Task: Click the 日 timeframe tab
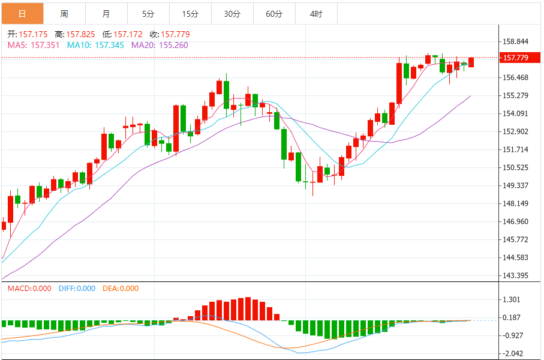(x=22, y=13)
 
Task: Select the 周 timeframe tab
(x=64, y=13)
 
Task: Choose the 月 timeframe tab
(x=106, y=13)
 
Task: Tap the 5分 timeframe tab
(x=148, y=13)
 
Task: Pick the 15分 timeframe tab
(x=190, y=13)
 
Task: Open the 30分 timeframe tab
(x=232, y=13)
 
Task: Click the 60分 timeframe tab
(x=274, y=13)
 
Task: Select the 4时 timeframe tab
(x=316, y=13)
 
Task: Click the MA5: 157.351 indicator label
(x=33, y=45)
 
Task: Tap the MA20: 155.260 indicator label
(x=160, y=45)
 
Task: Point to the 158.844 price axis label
(x=516, y=41)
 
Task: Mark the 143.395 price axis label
(x=516, y=275)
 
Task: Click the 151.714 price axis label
(x=516, y=149)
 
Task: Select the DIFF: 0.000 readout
(x=77, y=289)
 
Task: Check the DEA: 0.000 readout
(x=121, y=289)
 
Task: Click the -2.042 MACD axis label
(x=513, y=353)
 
